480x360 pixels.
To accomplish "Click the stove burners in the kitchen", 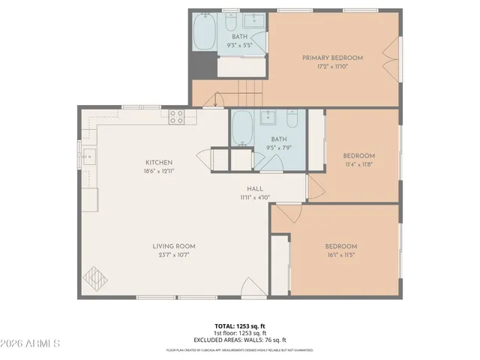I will point(177,116).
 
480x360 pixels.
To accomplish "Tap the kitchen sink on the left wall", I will point(88,156).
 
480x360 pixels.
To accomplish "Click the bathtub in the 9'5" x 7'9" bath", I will point(241,130).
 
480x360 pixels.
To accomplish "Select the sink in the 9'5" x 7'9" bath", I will point(268,118).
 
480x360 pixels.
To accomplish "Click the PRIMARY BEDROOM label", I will point(332,58).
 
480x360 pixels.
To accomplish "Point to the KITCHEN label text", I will point(159,162).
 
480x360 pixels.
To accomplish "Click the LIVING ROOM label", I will point(174,246).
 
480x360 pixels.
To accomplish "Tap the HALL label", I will point(255,189).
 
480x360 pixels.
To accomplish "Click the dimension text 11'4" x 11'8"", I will point(358,164).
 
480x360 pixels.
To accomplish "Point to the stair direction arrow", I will point(217,98).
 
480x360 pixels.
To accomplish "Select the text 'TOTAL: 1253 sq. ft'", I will point(239,326).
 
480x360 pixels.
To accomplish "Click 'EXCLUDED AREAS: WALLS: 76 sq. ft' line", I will point(239,339).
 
